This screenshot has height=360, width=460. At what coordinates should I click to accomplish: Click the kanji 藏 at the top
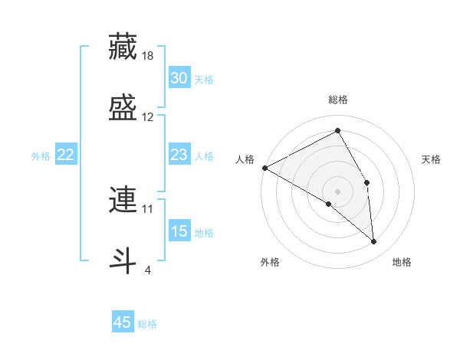(x=123, y=46)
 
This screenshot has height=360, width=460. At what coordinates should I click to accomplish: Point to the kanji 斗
(x=123, y=259)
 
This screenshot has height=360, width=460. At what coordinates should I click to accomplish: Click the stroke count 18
(x=149, y=56)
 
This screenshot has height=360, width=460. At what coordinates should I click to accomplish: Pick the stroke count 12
(x=148, y=117)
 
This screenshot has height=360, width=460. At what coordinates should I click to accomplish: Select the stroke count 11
(x=148, y=208)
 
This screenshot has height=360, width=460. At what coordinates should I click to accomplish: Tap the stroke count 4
(x=148, y=269)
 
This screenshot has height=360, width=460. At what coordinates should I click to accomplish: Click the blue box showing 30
(x=179, y=78)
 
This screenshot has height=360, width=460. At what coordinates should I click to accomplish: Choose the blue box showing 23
(x=179, y=155)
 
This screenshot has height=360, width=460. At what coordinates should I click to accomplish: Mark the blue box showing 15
(x=179, y=231)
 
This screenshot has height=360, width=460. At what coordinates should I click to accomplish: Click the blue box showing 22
(x=65, y=155)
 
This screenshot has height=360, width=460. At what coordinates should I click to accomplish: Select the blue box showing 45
(x=123, y=322)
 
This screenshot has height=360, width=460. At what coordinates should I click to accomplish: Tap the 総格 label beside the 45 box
(x=147, y=324)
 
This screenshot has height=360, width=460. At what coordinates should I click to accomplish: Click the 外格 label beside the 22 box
(x=41, y=156)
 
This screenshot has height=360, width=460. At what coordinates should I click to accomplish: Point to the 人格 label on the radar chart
(x=245, y=159)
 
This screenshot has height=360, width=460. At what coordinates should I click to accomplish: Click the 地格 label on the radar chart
(x=402, y=262)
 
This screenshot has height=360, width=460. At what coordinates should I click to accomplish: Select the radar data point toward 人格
(x=264, y=168)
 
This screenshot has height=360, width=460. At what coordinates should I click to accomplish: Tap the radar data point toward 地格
(x=373, y=241)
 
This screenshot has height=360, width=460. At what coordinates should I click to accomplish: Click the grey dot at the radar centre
(x=337, y=191)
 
